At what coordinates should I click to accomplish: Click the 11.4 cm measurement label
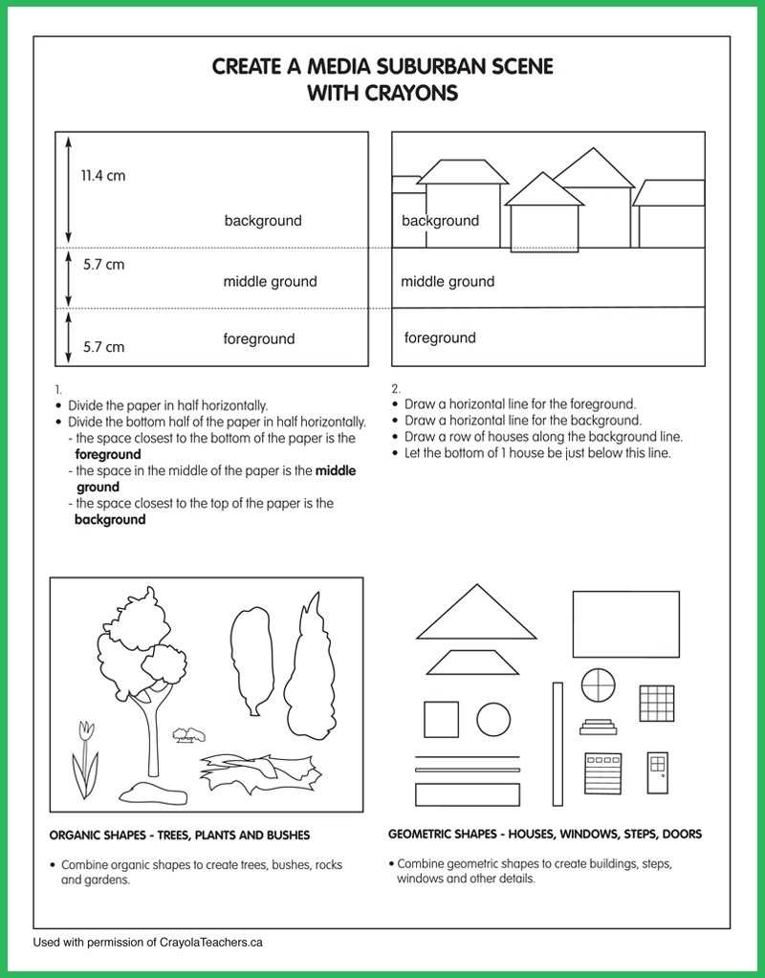pyautogui.click(x=102, y=176)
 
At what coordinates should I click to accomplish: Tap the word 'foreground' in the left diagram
pyautogui.click(x=258, y=338)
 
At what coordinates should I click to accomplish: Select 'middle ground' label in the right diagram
pyautogui.click(x=448, y=281)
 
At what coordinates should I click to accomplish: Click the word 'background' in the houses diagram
pyautogui.click(x=440, y=221)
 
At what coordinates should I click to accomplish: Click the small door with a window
pyautogui.click(x=656, y=772)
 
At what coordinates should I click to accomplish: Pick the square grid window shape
pyautogui.click(x=657, y=703)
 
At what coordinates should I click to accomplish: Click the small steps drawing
pyautogui.click(x=599, y=728)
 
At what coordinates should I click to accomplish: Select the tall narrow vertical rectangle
pyautogui.click(x=557, y=744)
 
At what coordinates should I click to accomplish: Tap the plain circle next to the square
pyautogui.click(x=493, y=719)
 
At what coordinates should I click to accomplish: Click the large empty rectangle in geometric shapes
pyautogui.click(x=625, y=623)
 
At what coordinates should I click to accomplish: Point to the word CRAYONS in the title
pyautogui.click(x=410, y=93)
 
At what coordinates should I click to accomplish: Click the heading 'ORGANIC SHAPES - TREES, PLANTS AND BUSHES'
pyautogui.click(x=180, y=835)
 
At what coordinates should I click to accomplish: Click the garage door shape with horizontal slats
pyautogui.click(x=603, y=772)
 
